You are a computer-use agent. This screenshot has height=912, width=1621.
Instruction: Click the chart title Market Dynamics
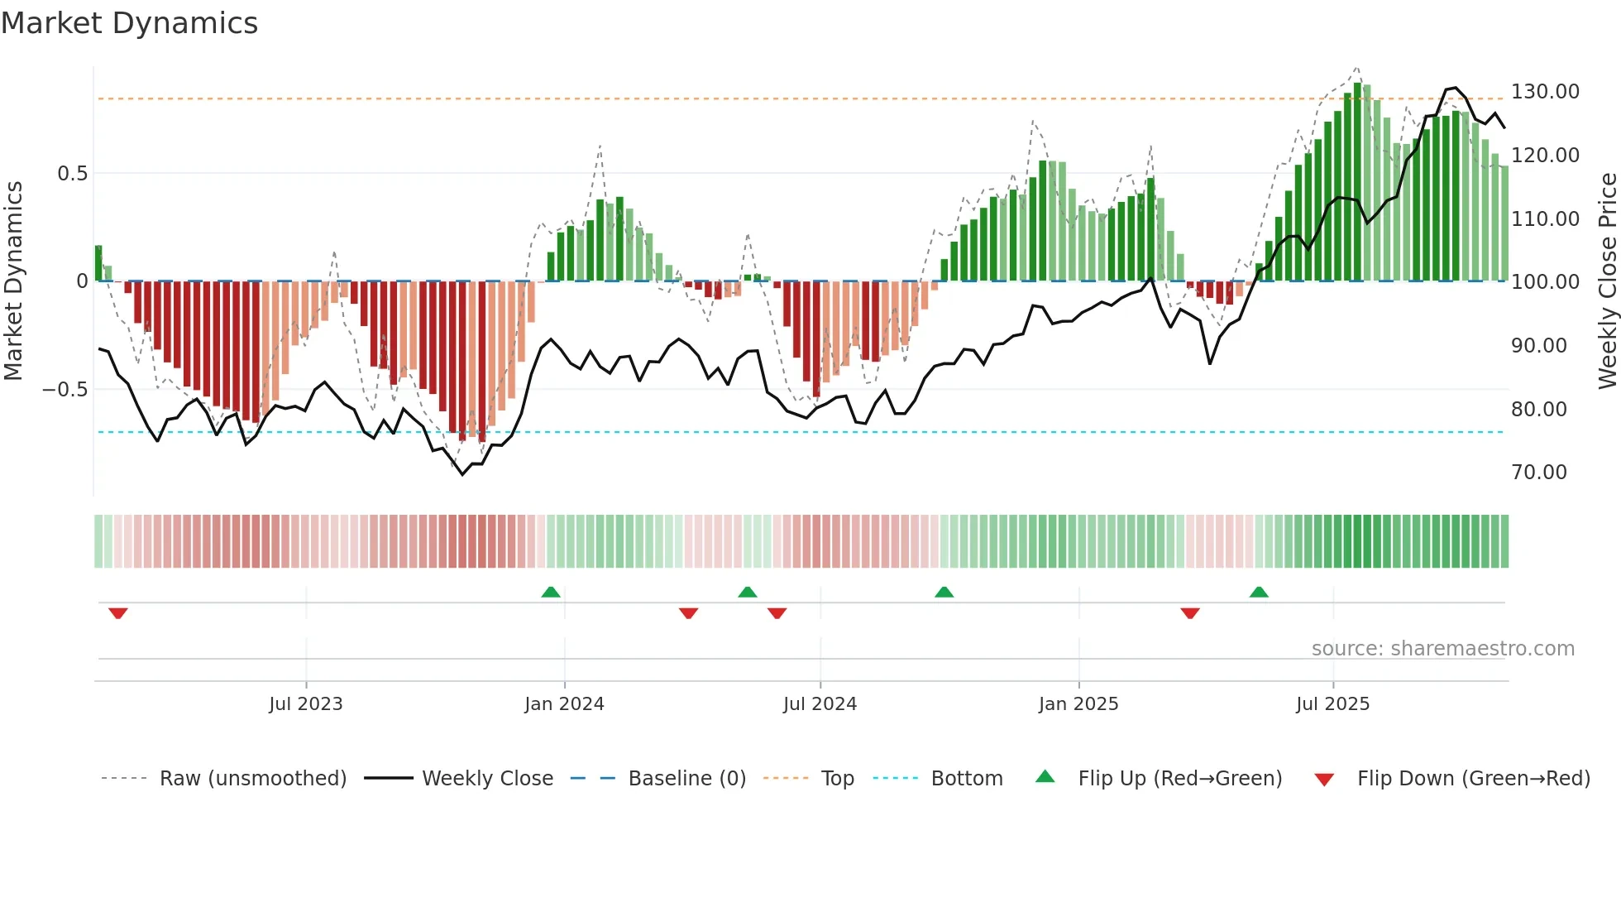click(x=129, y=23)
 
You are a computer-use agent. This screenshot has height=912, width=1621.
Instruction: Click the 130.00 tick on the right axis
click(x=1545, y=92)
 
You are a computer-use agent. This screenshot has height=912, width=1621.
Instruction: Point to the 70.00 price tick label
click(x=1538, y=473)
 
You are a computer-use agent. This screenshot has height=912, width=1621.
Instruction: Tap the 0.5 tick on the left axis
click(x=72, y=174)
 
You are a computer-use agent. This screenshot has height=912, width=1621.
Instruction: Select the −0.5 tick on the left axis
click(x=65, y=390)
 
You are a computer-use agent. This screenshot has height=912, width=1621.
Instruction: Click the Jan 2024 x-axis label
click(x=564, y=704)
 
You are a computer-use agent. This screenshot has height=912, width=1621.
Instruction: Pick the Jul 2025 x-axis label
click(x=1332, y=704)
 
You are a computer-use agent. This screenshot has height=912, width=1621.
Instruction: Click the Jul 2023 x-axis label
click(x=305, y=704)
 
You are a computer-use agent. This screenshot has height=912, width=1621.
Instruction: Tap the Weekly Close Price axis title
click(x=1607, y=281)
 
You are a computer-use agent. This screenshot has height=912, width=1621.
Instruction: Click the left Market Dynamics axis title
click(x=13, y=281)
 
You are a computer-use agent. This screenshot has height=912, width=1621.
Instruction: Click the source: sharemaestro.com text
click(x=1442, y=649)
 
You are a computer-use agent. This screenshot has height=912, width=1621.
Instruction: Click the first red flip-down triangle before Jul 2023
click(x=118, y=613)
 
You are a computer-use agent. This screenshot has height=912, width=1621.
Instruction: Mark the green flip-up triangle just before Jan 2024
click(x=551, y=592)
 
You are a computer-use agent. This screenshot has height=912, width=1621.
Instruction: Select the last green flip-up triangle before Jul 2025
click(x=1259, y=592)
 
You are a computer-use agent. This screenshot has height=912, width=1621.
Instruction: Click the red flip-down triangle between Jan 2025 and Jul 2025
click(x=1190, y=613)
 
